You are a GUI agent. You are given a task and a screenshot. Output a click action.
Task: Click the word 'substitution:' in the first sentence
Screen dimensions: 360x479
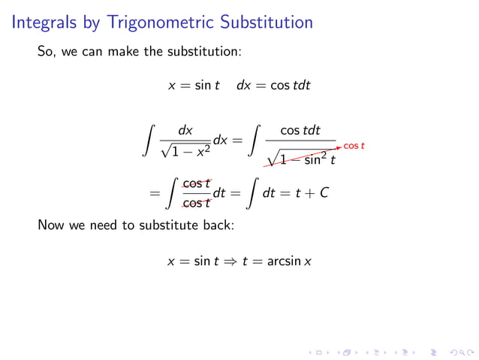pyautogui.click(x=203, y=53)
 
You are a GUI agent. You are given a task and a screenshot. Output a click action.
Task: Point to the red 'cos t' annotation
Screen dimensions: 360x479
pyautogui.click(x=354, y=145)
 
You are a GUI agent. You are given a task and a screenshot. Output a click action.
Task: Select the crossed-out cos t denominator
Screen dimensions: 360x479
pyautogui.click(x=197, y=203)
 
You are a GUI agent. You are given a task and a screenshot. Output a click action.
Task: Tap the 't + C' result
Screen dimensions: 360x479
pyautogui.click(x=312, y=193)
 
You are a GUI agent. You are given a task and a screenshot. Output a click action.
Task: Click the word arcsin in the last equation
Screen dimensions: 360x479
pyautogui.click(x=286, y=262)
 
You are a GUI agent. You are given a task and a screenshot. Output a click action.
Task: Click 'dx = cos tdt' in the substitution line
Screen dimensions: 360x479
pyautogui.click(x=273, y=86)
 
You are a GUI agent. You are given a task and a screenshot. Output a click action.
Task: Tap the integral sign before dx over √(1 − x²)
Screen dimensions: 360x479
pyautogui.click(x=151, y=141)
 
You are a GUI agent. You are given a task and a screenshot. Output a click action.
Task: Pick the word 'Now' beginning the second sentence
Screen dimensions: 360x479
pyautogui.click(x=50, y=225)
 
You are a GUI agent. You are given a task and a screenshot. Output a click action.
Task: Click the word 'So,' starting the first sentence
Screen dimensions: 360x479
pyautogui.click(x=47, y=53)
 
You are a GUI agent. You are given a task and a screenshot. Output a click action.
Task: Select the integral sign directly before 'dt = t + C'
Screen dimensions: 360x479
pyautogui.click(x=251, y=193)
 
